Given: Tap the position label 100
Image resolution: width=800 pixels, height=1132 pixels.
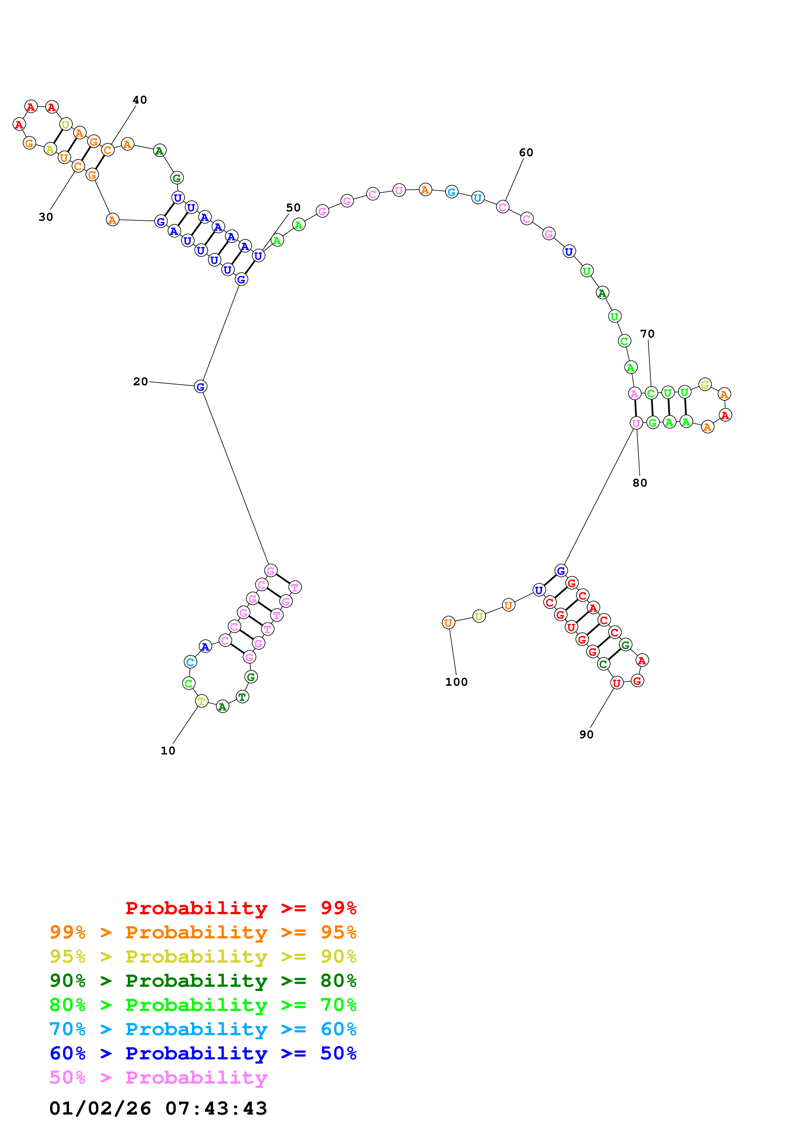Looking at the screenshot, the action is [x=456, y=682].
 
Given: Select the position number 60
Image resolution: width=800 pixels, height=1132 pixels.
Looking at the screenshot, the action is [x=526, y=153].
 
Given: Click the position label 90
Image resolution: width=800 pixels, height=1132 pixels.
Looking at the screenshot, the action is [x=586, y=735].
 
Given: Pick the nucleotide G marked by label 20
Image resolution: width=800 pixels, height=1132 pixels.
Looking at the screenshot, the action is [x=200, y=387].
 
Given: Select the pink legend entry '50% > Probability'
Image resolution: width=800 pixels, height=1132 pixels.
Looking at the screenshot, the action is [x=158, y=1078].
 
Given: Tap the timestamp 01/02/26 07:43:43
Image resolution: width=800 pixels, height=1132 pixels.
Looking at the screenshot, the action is [x=158, y=1109].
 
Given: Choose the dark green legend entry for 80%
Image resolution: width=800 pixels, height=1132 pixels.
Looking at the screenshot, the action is [x=203, y=981].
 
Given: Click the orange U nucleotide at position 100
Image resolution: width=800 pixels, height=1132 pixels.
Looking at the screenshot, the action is [x=448, y=623].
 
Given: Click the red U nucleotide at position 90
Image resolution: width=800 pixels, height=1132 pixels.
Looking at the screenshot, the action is [x=617, y=683].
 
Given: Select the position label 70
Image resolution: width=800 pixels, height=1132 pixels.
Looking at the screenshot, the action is [x=647, y=334].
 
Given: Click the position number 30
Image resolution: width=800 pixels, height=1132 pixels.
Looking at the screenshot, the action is [x=46, y=217].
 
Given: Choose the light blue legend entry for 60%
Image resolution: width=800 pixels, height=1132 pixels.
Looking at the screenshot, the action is [x=203, y=1029].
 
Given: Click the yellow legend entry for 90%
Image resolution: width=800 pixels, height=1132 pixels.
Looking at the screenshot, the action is [x=203, y=956].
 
